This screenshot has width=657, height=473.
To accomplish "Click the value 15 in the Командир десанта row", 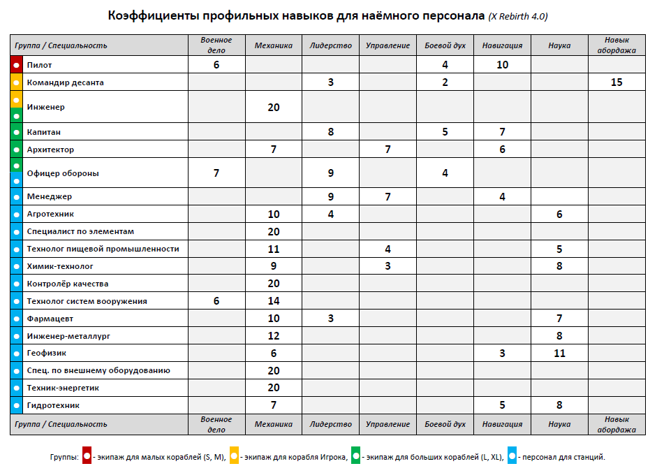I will pos(616,82).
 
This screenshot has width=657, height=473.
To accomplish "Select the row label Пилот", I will pos(39,65).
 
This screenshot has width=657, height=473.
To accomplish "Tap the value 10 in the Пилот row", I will pos(502,65).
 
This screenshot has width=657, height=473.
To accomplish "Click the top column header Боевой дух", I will pos(445,45).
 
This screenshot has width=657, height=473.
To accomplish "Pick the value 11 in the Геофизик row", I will pos(559,354).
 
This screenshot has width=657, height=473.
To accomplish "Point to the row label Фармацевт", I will pos(50,319).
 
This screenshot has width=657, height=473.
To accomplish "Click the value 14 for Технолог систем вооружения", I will pos(274,301).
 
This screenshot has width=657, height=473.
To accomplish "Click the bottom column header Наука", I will pos(559,424).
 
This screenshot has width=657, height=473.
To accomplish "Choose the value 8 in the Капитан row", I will pos(331,132).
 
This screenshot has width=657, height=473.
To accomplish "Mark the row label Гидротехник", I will pos(53,405).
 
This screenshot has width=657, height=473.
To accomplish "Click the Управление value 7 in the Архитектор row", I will pos(387,150).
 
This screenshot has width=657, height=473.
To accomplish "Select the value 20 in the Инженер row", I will pos(274,108).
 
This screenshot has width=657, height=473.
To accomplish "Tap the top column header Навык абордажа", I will pos(616,45).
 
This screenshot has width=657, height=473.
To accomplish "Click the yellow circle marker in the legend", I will pos(235,456).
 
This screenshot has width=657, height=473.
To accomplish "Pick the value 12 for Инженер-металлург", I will pos(274,336).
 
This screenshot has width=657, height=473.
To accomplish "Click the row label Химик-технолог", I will pos(60,266).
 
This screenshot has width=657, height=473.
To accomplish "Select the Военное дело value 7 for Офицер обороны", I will pos(216,173).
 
